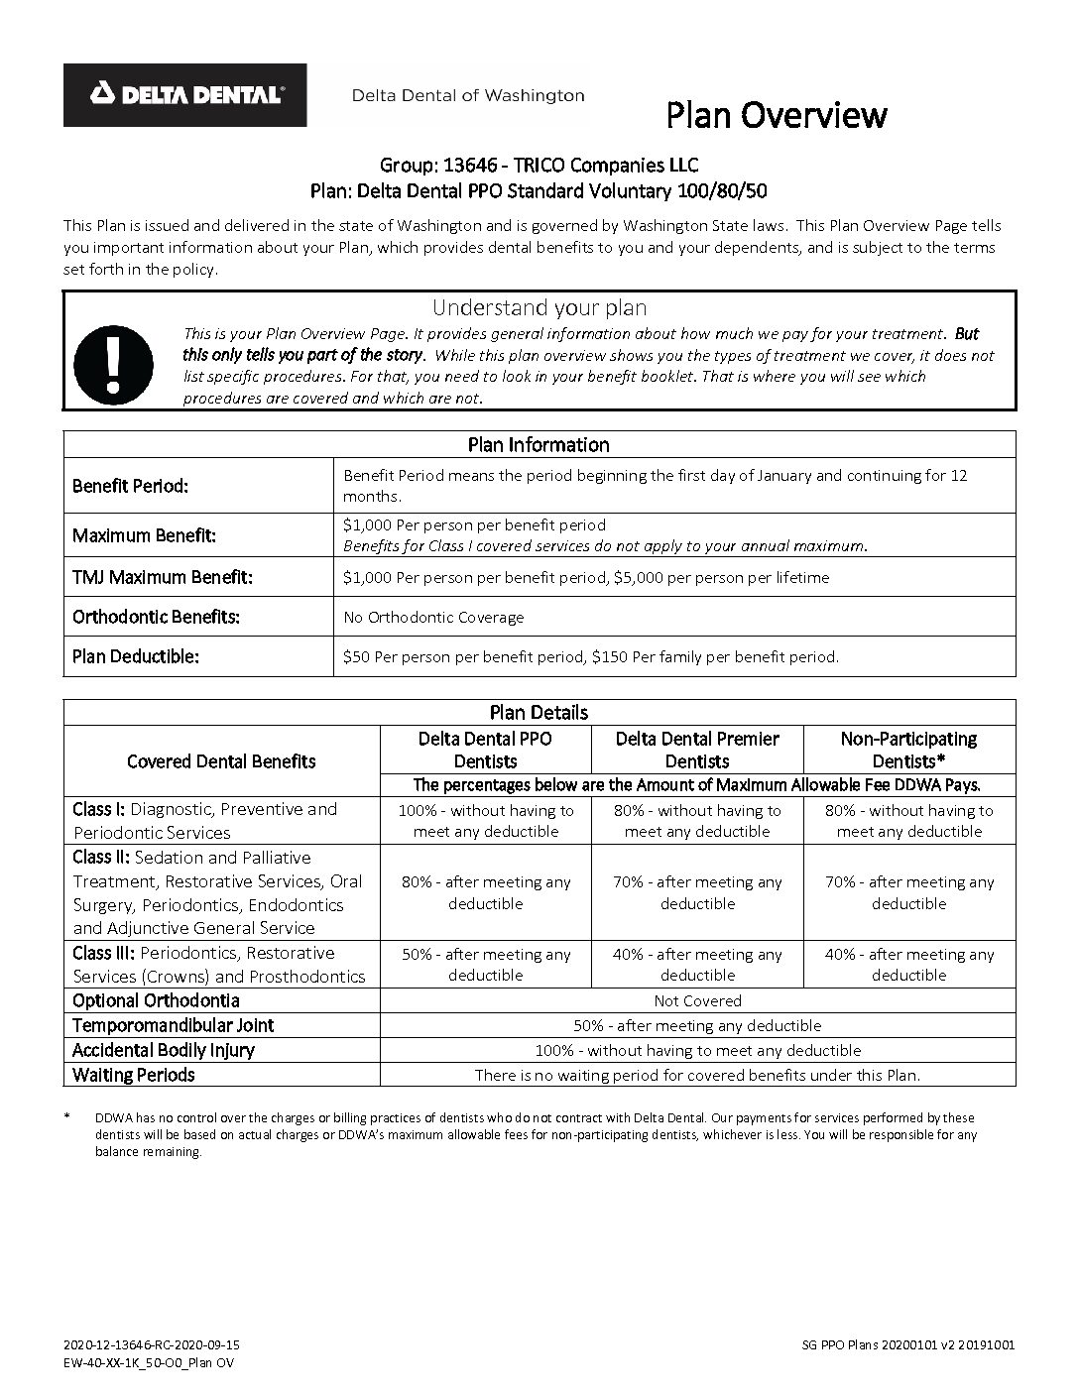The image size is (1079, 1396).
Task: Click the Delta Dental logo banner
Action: [185, 95]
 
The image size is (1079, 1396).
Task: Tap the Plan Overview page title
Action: [776, 115]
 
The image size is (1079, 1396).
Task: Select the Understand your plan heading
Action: [539, 307]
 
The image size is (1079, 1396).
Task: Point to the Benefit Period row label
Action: [130, 486]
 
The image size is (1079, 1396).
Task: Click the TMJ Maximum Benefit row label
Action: [163, 577]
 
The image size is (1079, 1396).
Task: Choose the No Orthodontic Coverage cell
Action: [433, 617]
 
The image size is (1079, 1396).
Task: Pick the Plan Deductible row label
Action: [136, 656]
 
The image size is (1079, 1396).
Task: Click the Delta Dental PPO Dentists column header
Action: [485, 750]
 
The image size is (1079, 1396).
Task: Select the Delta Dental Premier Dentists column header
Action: [697, 750]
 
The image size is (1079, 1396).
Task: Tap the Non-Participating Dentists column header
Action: [908, 750]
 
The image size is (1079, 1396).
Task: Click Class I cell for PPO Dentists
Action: [485, 821]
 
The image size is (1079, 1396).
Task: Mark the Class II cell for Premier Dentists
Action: [697, 892]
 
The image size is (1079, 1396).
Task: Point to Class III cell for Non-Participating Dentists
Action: [908, 964]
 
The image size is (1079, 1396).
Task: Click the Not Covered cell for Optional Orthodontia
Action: [697, 1000]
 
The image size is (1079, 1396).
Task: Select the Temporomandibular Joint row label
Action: [173, 1025]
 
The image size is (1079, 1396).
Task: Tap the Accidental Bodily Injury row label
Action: [164, 1050]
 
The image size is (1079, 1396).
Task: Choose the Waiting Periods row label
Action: [134, 1075]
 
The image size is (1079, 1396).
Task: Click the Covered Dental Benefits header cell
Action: [221, 761]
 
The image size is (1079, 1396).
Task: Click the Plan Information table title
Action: [539, 444]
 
